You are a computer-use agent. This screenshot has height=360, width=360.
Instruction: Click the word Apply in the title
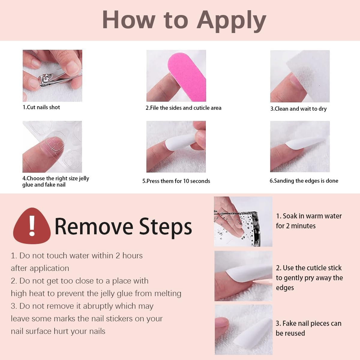(231, 20)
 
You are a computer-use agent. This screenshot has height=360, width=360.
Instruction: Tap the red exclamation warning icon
(31, 226)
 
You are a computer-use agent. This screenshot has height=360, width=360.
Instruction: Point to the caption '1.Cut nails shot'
(41, 107)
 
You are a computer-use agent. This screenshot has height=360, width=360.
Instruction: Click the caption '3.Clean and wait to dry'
(298, 109)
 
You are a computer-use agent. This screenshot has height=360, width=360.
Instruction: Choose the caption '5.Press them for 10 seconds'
(176, 181)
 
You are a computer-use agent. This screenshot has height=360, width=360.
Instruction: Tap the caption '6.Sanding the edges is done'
(304, 181)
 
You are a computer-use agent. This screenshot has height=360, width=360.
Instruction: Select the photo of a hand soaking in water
(243, 221)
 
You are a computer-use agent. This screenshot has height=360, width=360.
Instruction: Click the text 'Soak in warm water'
(312, 216)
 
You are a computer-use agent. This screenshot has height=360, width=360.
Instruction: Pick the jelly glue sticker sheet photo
(52, 147)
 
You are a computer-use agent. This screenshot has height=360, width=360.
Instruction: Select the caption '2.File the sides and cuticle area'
(184, 108)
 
